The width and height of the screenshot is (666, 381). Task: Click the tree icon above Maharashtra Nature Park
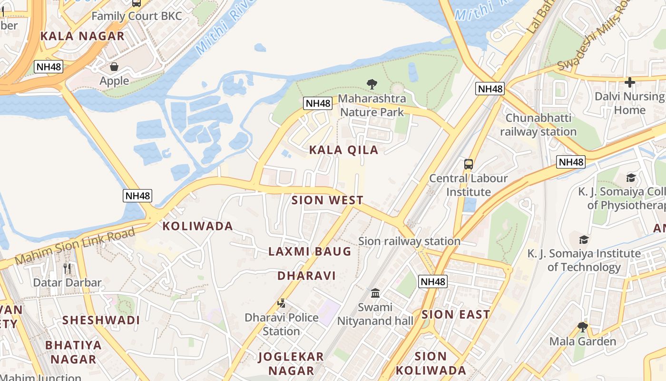coord(372,84)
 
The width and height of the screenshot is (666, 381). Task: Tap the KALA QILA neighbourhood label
coord(343,150)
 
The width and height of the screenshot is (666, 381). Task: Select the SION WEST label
coord(327,200)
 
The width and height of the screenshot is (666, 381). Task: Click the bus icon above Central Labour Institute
coord(469,164)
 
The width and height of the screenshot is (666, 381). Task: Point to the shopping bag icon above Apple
coord(114,67)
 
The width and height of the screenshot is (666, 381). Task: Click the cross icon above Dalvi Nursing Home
coord(630,82)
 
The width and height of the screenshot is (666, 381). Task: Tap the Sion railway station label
coord(409,241)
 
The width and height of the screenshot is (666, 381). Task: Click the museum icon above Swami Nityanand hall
coord(375,292)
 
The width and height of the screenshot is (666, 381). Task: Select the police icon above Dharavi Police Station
coord(282,303)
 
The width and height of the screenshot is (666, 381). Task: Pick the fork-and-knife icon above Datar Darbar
coord(67,268)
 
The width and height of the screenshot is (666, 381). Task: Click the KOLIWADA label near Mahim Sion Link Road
coord(198,226)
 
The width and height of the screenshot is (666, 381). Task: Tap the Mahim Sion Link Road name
coord(75,247)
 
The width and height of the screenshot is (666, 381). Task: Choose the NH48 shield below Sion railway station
coord(433,281)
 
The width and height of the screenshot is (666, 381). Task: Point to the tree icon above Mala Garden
coord(582,327)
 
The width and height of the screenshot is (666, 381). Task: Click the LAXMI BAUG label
coord(310,251)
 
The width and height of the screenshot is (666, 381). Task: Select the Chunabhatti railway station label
coord(538,125)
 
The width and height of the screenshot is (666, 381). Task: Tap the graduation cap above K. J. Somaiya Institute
coord(584,239)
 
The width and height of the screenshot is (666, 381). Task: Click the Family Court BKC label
coord(137,16)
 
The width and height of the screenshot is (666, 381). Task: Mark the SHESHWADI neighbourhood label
coord(101,320)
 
